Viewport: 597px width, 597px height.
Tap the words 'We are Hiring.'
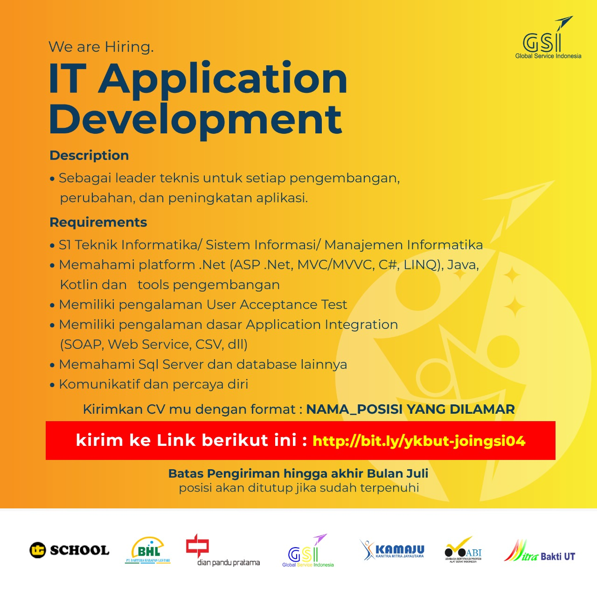click(x=101, y=47)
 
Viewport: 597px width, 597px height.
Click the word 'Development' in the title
click(x=195, y=120)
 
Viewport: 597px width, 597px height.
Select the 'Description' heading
click(x=89, y=155)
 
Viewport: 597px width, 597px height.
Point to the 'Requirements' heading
click(x=98, y=222)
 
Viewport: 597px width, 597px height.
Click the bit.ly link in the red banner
click(x=419, y=441)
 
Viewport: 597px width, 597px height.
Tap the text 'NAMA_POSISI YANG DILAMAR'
click(x=410, y=409)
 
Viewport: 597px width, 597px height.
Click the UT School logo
click(x=69, y=550)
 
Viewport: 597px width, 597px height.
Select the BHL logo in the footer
click(x=148, y=550)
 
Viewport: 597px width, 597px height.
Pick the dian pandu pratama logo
click(x=222, y=550)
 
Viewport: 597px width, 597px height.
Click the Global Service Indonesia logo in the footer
click(x=308, y=550)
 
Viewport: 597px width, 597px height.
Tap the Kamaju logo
click(x=392, y=550)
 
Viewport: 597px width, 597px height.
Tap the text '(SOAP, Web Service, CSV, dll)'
click(x=153, y=345)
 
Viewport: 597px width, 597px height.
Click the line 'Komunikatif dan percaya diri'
click(x=153, y=384)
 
